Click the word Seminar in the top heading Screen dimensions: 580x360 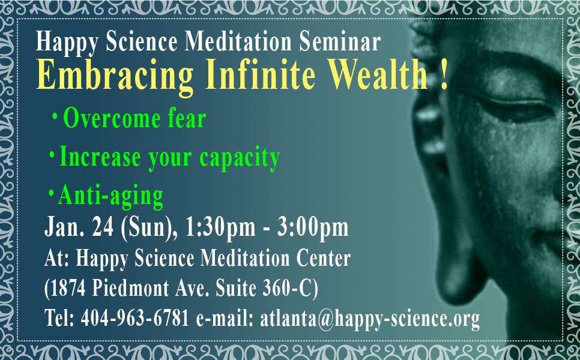[340, 41]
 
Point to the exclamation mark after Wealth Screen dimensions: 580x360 [444, 74]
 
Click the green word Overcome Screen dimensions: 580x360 [112, 118]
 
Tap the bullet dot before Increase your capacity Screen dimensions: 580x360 [52, 154]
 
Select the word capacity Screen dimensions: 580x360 [240, 158]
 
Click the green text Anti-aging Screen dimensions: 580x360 [110, 196]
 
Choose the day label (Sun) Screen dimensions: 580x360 [147, 227]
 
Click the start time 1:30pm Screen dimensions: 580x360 [220, 227]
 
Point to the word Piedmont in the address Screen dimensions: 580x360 [130, 287]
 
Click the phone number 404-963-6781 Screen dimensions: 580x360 [135, 318]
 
